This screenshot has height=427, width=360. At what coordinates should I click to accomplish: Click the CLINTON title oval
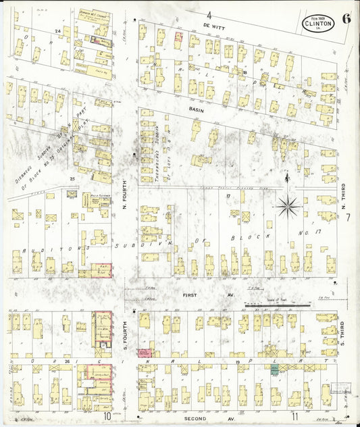317,24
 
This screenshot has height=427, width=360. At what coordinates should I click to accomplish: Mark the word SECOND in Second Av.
196,418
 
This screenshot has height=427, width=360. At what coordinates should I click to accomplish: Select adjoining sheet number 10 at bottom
107,416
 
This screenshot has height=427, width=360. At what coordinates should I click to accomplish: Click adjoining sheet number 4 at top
209,14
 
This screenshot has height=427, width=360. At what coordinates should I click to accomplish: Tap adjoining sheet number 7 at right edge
348,218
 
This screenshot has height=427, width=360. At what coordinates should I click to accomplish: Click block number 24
59,31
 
